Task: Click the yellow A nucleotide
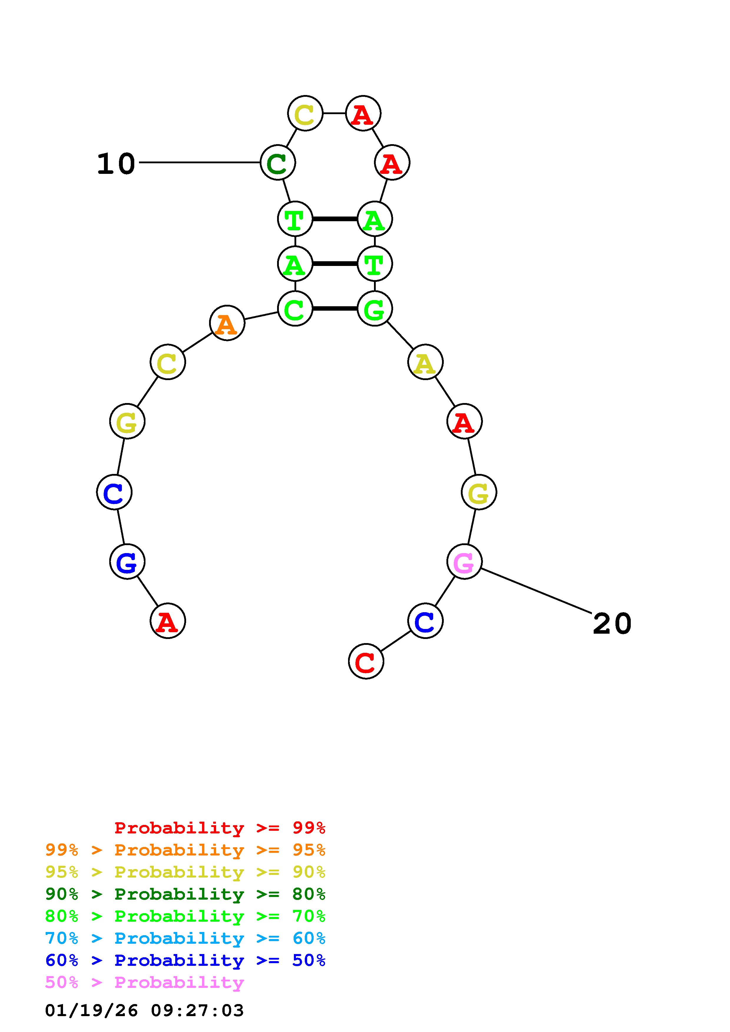pyautogui.click(x=425, y=362)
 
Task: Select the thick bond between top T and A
pyautogui.click(x=335, y=219)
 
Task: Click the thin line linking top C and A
pyautogui.click(x=334, y=113)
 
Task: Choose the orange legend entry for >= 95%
pyautogui.click(x=185, y=850)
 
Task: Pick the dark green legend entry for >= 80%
pyautogui.click(x=185, y=894)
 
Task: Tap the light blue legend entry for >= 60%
pyautogui.click(x=185, y=938)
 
